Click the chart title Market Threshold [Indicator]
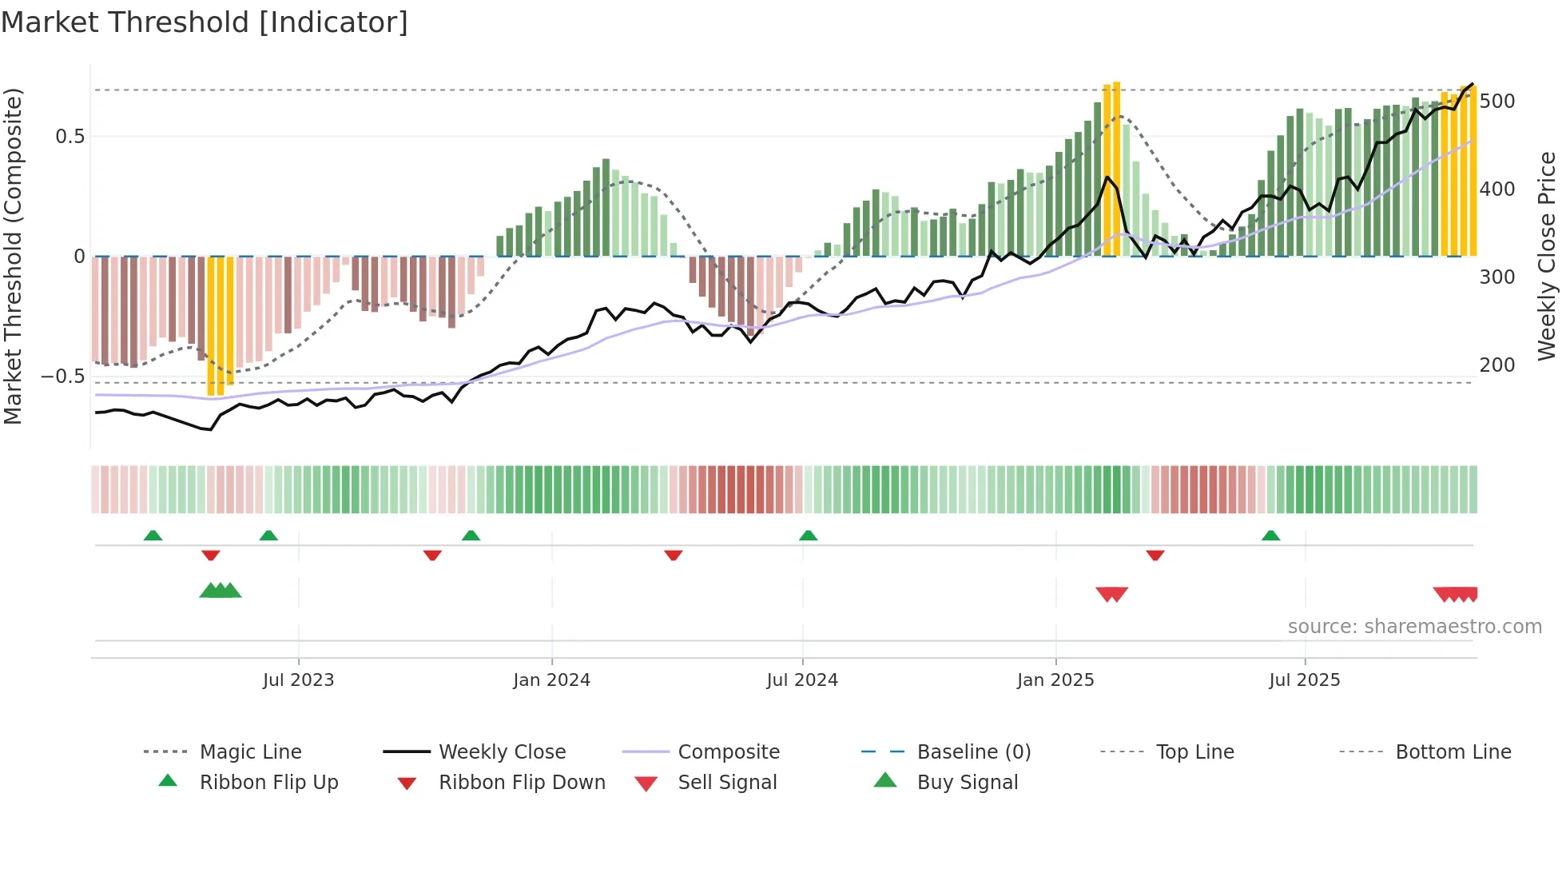tap(205, 22)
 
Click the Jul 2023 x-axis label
tap(298, 680)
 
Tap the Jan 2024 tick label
tap(551, 680)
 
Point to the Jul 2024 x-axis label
tap(802, 680)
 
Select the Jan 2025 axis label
tap(1055, 680)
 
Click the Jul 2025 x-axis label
tap(1305, 680)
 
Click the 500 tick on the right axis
tap(1497, 102)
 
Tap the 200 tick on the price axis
tap(1497, 365)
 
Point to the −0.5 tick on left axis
tap(62, 376)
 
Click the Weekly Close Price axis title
tap(1548, 256)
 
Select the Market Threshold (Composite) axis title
tap(13, 256)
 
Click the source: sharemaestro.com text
tap(1414, 627)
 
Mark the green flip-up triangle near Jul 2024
tap(809, 536)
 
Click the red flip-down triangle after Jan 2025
tap(1155, 555)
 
